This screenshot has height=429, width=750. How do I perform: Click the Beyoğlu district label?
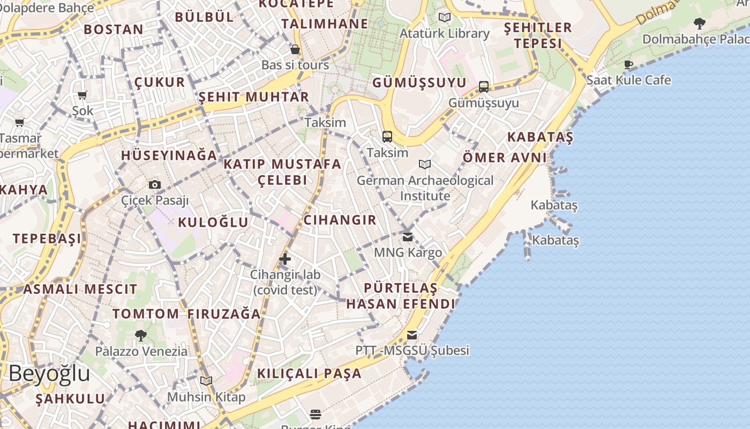(x=49, y=373)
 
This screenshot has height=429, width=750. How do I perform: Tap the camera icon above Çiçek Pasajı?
(x=155, y=185)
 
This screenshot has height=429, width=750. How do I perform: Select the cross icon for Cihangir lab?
(x=285, y=260)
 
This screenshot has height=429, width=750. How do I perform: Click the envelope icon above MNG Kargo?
(x=408, y=236)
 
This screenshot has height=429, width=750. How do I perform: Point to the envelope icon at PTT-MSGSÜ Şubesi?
(x=411, y=335)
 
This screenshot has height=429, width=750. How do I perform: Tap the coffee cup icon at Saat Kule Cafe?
(x=628, y=65)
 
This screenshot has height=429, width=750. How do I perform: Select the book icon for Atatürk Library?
(x=445, y=18)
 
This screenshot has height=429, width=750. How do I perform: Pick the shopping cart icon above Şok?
(x=82, y=95)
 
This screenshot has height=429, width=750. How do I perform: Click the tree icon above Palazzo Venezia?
(x=141, y=336)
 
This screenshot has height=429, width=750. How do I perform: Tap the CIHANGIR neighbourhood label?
(x=340, y=220)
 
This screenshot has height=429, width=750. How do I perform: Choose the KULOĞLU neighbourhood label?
(x=213, y=222)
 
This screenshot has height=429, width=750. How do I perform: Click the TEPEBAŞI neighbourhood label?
(x=47, y=239)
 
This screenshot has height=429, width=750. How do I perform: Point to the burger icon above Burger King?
(x=316, y=414)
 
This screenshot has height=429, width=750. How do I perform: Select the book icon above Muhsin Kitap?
(x=206, y=381)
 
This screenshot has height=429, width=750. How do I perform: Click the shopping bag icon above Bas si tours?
(x=295, y=50)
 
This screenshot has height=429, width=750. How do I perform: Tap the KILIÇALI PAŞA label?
(x=310, y=373)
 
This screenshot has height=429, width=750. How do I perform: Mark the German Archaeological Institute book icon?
(x=425, y=164)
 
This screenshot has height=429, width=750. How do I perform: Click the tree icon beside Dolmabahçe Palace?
(x=699, y=23)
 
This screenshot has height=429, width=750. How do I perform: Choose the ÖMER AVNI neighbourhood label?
(x=505, y=158)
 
